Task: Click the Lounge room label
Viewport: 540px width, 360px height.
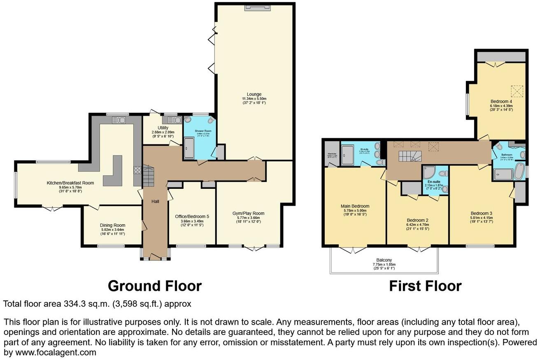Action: [254, 94]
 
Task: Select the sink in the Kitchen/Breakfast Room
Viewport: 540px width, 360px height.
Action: [119, 120]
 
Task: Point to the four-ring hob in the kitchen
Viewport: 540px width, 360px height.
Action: [137, 170]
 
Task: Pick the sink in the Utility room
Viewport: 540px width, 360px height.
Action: [175, 120]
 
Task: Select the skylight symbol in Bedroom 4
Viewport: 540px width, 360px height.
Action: [517, 91]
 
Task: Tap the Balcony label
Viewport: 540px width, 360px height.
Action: [384, 260]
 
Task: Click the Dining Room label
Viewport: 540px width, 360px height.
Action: [112, 225]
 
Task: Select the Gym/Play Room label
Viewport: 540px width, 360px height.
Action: [248, 213]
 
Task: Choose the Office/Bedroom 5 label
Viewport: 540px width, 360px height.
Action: [192, 213]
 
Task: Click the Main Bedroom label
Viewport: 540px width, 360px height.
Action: [355, 206]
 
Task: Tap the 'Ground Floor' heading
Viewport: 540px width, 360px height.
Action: [154, 286]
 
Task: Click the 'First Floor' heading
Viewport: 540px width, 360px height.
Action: [425, 286]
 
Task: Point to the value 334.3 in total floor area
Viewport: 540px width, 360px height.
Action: [74, 304]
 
